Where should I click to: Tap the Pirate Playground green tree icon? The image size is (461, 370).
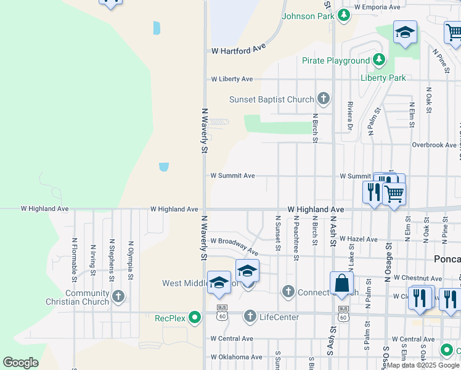tap(379, 60)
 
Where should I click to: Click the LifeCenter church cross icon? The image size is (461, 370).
tap(250, 317)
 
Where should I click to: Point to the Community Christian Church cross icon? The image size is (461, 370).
tap(118, 297)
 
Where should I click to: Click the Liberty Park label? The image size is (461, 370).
tap(383, 78)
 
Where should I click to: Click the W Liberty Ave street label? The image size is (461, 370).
tap(232, 79)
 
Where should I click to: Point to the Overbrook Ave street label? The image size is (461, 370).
tap(433, 145)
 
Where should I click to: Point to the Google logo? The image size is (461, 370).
tap(20, 363)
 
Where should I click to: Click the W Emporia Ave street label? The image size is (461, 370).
tap(378, 7)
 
